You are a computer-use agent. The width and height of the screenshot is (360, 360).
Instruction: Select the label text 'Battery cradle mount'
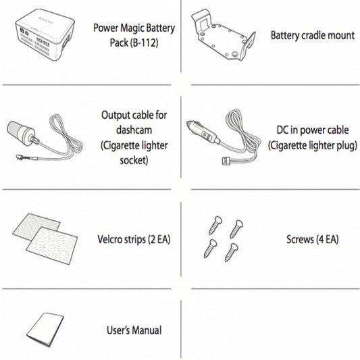tap(312, 35)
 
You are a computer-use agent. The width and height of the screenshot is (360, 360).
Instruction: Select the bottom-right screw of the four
tap(231, 253)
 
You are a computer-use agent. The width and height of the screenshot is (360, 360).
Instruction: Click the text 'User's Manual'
tap(134, 330)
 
